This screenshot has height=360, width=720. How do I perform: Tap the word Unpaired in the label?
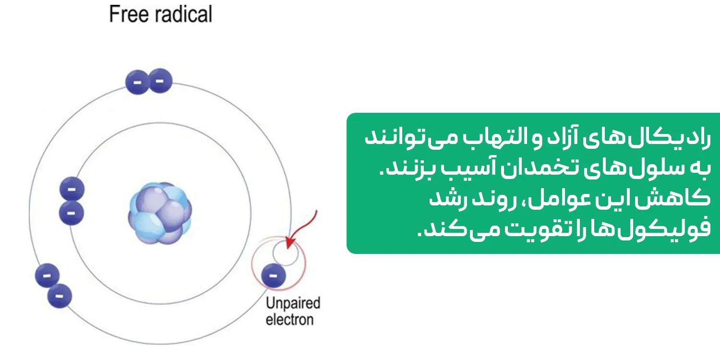[292, 303]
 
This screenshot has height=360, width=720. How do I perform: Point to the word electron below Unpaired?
[289, 319]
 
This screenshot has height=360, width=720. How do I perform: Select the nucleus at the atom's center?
[160, 213]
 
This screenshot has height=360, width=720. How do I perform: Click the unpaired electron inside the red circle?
[274, 276]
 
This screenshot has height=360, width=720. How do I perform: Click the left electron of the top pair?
[137, 83]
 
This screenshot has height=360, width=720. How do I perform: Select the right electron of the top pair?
[160, 82]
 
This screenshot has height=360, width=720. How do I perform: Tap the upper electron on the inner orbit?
[72, 190]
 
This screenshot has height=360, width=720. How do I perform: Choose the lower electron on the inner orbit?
[72, 213]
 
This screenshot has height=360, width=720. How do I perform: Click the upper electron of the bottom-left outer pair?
[47, 276]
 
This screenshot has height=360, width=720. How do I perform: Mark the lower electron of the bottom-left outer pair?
[60, 296]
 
